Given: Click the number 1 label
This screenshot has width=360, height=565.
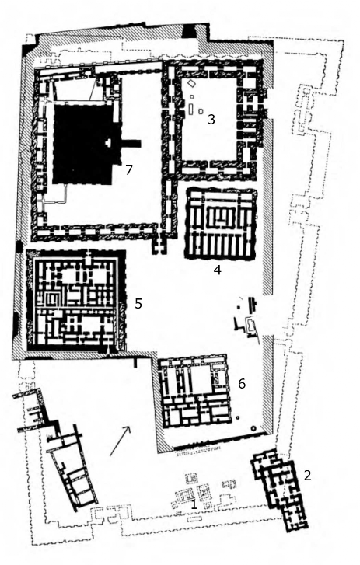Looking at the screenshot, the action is tap(194, 504).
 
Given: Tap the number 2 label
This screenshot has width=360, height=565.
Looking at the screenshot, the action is tap(307, 476).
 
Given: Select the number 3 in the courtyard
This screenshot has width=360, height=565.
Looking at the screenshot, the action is tap(211, 119).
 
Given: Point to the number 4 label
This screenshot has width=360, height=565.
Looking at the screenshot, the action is tap(217, 270).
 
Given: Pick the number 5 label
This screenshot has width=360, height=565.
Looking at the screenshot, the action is tap(138, 304).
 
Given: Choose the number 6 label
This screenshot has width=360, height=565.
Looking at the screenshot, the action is tap(242, 384).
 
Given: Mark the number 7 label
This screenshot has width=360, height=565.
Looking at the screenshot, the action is tap(129, 169).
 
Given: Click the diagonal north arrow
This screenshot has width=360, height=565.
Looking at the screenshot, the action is tap(120, 441).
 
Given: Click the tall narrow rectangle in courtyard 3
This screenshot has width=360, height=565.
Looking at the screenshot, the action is tap(190, 109).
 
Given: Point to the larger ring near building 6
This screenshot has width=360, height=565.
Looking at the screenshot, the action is tap(253, 429).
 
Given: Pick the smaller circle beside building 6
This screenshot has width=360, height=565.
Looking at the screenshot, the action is tap(237, 417).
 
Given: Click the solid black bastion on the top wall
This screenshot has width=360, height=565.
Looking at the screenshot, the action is tap(188, 30).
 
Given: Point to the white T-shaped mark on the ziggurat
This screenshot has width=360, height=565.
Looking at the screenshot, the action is tap(108, 143).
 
